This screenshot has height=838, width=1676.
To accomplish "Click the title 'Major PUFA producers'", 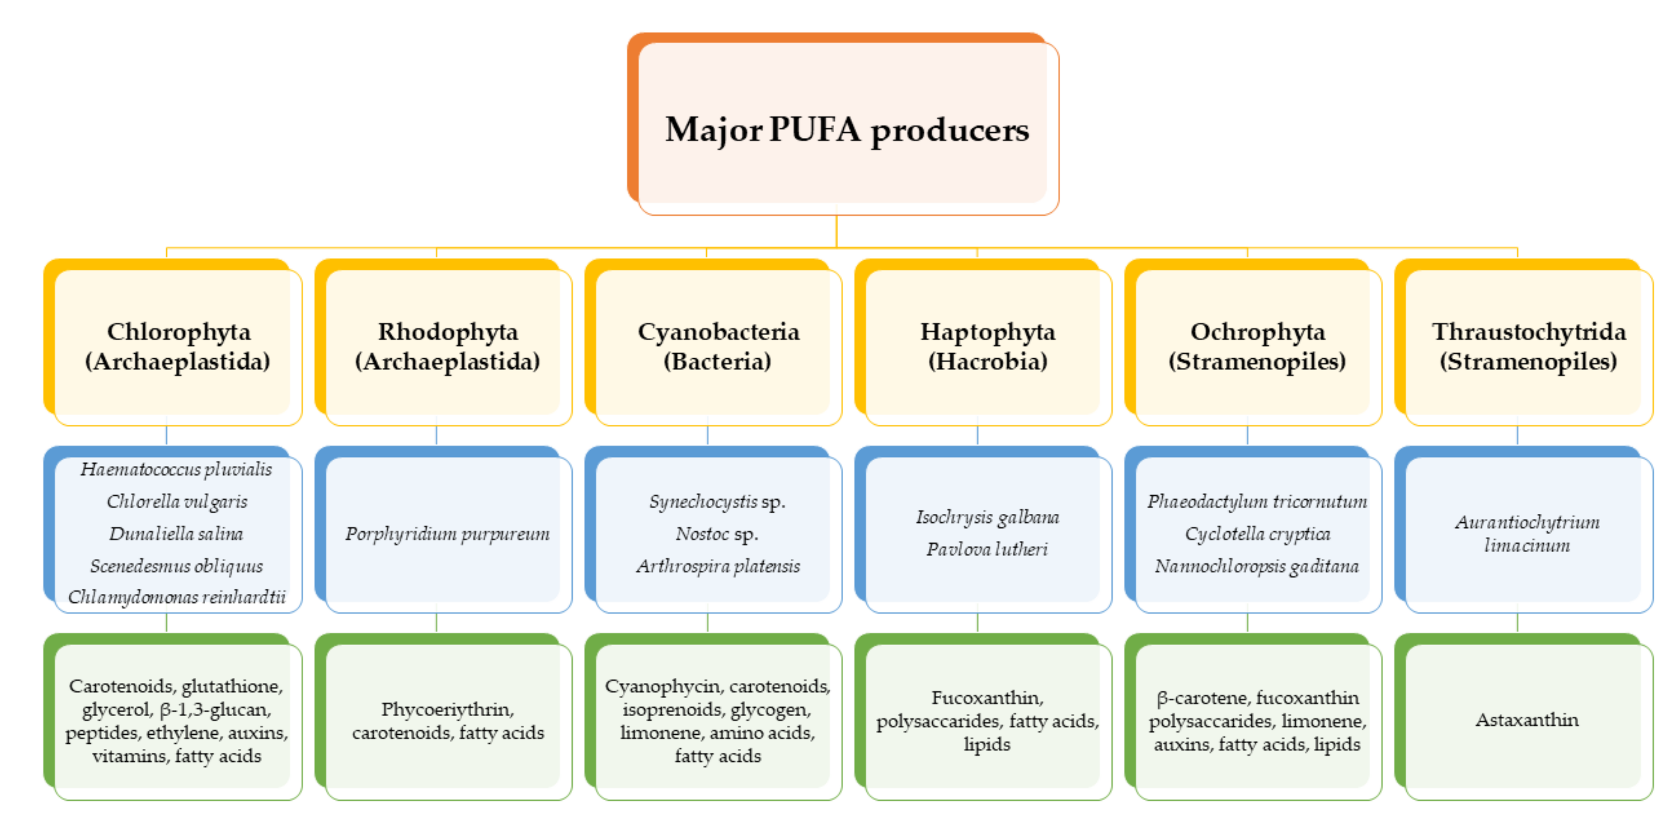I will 847,129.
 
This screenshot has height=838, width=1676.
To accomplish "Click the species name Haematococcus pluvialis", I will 176,469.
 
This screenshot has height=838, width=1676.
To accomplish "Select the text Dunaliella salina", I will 176,534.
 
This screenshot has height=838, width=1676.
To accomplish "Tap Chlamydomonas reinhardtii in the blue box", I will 176,597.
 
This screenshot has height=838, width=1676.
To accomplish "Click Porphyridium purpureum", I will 447,534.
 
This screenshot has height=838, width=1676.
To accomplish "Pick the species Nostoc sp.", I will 717,534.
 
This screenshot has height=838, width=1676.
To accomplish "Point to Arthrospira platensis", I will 718,566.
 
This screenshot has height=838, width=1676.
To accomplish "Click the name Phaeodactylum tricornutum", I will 1257,501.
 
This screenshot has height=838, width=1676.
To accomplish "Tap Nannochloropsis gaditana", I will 1257,566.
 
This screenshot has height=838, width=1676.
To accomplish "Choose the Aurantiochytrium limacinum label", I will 1527,534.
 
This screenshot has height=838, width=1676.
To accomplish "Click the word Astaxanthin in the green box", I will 1527,720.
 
